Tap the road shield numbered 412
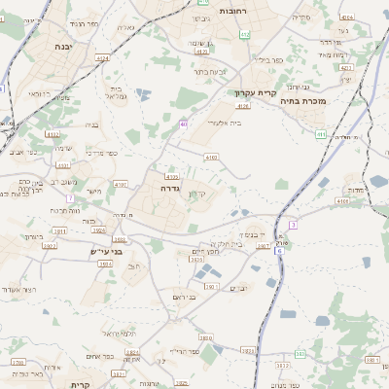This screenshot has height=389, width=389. point(245,34)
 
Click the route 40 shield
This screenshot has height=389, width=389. point(184,124)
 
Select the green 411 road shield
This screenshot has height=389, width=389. point(321,133)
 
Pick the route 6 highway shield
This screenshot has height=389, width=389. point(278,251)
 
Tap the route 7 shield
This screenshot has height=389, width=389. point(70,197)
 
